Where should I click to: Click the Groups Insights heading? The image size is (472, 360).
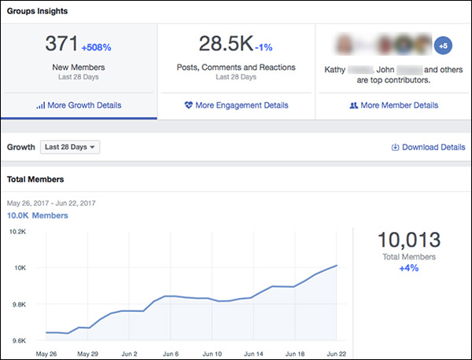[x=37, y=12]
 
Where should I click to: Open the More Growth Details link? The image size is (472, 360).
[x=79, y=105]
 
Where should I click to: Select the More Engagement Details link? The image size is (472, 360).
[x=236, y=105]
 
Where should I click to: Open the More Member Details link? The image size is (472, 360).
[x=393, y=105]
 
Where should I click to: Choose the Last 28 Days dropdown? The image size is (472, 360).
[x=71, y=147]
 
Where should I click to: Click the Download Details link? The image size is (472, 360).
[x=428, y=147]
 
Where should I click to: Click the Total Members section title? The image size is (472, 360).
[x=36, y=179]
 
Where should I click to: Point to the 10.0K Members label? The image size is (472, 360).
[x=38, y=215]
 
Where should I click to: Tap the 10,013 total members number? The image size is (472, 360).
[x=409, y=239]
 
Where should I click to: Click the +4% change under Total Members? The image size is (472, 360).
[x=409, y=268]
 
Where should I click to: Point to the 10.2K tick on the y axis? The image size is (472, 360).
[x=17, y=232]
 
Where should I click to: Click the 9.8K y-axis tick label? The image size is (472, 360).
[x=18, y=304]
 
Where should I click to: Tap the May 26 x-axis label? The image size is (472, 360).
[x=46, y=353]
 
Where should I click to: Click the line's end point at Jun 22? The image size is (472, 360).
[x=337, y=266]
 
